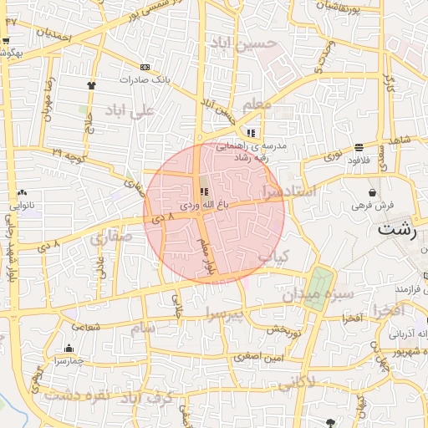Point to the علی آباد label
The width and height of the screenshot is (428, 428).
(133, 110)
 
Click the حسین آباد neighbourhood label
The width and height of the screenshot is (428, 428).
(267, 43)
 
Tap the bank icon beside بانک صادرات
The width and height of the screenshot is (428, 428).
(145, 67)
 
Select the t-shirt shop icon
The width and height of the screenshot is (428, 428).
(91, 84)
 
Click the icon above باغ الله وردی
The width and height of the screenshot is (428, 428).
(206, 191)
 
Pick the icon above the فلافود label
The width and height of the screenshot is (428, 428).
(359, 147)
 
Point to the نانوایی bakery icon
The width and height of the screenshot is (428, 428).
(22, 192)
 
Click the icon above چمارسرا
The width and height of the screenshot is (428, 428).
(69, 349)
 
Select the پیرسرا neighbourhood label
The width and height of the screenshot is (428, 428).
(225, 313)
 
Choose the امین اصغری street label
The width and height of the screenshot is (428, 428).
(260, 357)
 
